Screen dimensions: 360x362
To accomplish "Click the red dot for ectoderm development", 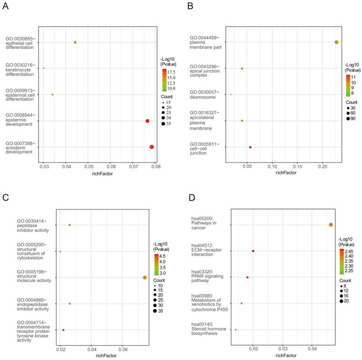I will pyautogui.click(x=151, y=147).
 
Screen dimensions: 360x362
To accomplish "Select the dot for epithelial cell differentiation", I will pyautogui.click(x=75, y=42).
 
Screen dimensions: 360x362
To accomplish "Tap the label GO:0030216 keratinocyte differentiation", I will pyautogui.click(x=20, y=70).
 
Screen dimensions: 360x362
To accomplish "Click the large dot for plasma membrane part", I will pyautogui.click(x=336, y=42).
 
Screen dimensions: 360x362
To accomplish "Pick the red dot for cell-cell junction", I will pyautogui.click(x=250, y=147).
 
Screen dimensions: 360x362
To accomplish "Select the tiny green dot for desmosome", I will pyautogui.click(x=231, y=95).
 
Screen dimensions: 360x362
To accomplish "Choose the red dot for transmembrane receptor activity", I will pyautogui.click(x=63, y=330).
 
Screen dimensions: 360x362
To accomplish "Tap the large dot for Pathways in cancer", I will pyautogui.click(x=331, y=225).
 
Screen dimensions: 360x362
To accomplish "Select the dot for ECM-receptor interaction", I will pyautogui.click(x=253, y=251).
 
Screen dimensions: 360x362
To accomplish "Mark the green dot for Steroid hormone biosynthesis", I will pyautogui.click(x=235, y=330).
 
